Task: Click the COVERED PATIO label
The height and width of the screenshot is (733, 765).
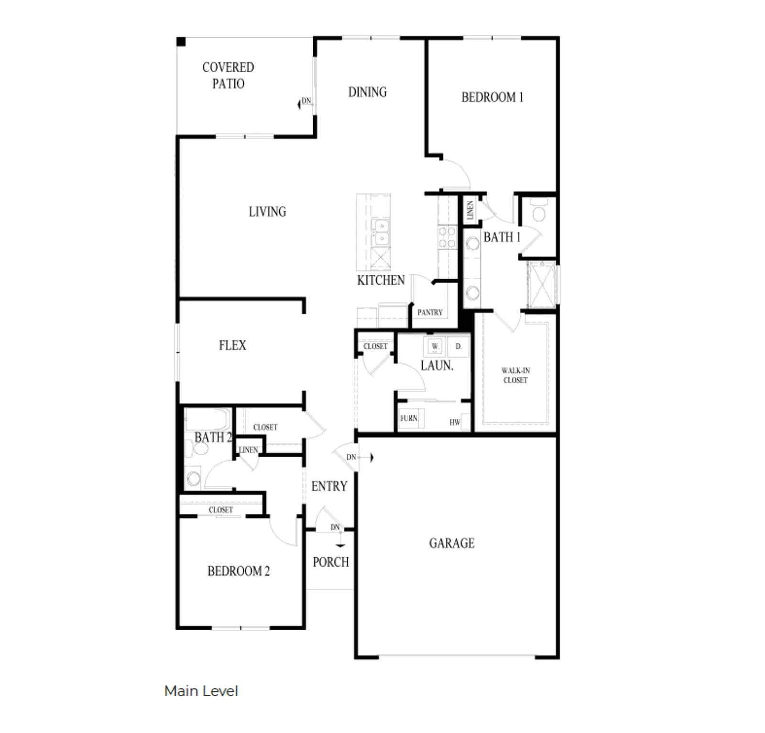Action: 228,76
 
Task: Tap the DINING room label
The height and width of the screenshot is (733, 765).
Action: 367,92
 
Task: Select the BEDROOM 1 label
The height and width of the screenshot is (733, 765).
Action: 492,97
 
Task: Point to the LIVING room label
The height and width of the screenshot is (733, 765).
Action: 267,211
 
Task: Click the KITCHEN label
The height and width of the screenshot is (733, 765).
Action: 381,280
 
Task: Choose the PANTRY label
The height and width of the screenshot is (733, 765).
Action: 430,312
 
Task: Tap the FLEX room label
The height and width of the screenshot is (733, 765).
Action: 232,345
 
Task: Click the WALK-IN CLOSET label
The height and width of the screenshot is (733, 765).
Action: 515,375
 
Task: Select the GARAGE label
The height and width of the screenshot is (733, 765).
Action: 452,543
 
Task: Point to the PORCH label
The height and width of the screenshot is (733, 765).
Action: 331,562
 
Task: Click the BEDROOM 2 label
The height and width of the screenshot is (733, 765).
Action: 239,571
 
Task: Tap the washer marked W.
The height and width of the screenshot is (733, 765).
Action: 435,346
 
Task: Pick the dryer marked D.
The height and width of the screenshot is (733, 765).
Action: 458,346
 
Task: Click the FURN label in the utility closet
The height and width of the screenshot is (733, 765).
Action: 409,418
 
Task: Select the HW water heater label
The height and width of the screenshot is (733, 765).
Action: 455,422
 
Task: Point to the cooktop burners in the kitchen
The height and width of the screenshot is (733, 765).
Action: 447,238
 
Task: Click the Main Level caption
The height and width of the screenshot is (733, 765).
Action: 201,691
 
